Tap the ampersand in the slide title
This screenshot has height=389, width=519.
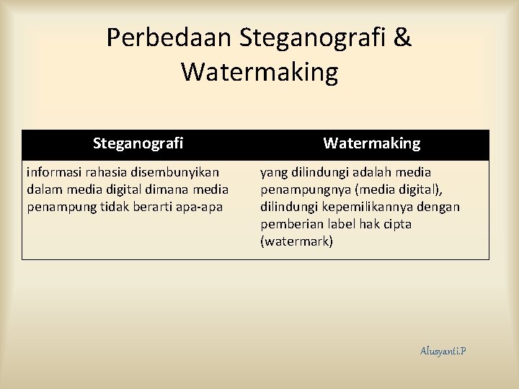(x=402, y=38)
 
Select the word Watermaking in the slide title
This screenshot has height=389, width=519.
(x=259, y=72)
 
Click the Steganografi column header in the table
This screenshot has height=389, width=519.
(x=138, y=143)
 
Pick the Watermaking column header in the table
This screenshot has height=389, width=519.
(x=371, y=143)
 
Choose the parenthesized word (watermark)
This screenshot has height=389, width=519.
(x=297, y=242)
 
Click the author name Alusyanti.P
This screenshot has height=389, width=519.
(x=443, y=351)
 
